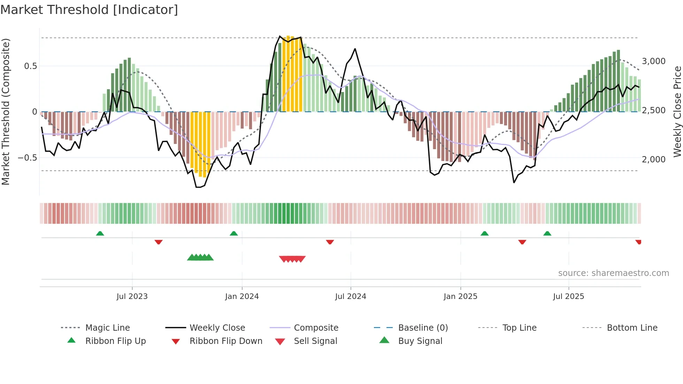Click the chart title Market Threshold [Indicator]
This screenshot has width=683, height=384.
(89, 10)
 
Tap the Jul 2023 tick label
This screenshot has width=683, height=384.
(132, 297)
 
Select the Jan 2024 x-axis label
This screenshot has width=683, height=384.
(242, 297)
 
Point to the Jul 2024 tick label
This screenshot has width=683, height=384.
(351, 297)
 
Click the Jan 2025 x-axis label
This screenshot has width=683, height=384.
(460, 297)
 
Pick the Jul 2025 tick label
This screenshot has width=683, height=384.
(568, 297)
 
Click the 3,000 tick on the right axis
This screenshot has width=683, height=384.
(654, 61)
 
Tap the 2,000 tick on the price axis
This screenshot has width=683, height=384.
(654, 160)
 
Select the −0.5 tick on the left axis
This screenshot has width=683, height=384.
(28, 158)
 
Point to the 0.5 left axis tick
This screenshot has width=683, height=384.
(31, 66)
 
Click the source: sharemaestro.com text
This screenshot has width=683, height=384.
(613, 273)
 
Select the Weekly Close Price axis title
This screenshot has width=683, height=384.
(677, 112)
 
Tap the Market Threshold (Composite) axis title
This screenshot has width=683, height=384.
(6, 112)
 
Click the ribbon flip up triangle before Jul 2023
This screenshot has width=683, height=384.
(100, 233)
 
